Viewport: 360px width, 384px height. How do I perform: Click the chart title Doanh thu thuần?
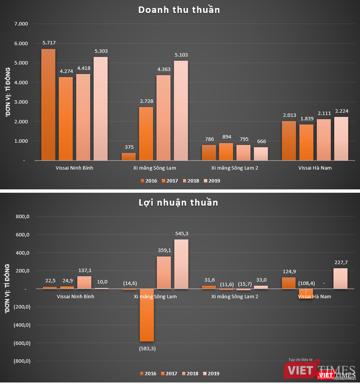179,10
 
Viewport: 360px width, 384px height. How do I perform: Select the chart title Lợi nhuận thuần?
179,203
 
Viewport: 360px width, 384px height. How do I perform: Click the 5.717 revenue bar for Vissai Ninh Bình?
48,105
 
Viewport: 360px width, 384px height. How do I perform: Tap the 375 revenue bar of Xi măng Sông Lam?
128,157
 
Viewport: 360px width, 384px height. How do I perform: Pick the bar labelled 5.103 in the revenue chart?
181,110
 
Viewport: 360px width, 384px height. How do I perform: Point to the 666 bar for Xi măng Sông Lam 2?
261,154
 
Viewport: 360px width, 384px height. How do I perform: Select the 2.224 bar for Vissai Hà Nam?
341,138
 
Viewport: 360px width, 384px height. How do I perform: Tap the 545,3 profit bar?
181,264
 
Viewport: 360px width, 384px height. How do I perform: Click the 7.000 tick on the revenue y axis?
21,24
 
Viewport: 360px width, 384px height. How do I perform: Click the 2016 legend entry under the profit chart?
148,374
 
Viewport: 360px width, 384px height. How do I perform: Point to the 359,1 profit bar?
164,273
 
